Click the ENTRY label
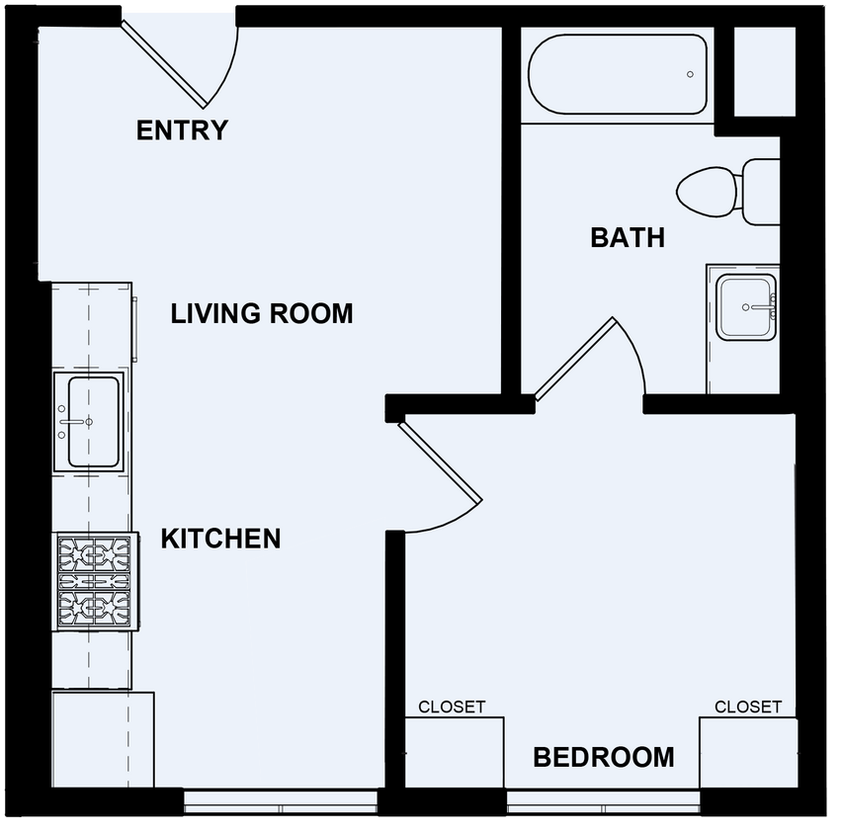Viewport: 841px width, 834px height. pyautogui.click(x=182, y=130)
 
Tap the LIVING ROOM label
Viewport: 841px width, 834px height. pyautogui.click(x=262, y=314)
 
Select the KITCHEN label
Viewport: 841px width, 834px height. pyautogui.click(x=220, y=539)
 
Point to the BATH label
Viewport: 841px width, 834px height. pyautogui.click(x=628, y=237)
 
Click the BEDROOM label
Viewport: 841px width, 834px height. pyautogui.click(x=604, y=758)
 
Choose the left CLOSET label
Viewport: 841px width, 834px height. pyautogui.click(x=452, y=707)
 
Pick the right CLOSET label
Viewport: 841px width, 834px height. pyautogui.click(x=748, y=707)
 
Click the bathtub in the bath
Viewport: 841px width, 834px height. pyautogui.click(x=618, y=75)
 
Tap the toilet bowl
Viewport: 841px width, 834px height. pyautogui.click(x=707, y=190)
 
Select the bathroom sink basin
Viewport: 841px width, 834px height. pyautogui.click(x=746, y=307)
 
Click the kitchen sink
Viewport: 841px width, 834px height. pyautogui.click(x=92, y=421)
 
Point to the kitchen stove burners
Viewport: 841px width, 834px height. pyautogui.click(x=94, y=583)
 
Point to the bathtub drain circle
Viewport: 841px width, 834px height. pyautogui.click(x=691, y=75)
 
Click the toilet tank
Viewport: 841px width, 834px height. pyautogui.click(x=761, y=191)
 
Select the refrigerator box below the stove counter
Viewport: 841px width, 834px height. pyautogui.click(x=103, y=739)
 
